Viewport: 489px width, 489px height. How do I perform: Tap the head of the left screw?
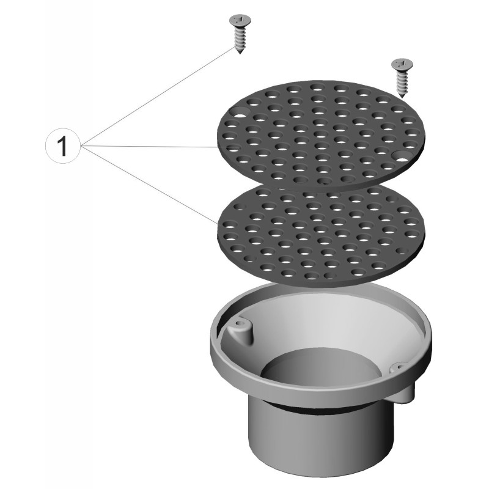pos(240,21)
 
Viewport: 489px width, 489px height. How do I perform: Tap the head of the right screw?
pos(403,64)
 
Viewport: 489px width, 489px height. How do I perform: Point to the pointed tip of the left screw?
pos(240,53)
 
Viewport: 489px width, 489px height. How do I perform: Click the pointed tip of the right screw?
pos(402,97)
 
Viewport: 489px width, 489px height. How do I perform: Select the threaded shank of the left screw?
pos(240,39)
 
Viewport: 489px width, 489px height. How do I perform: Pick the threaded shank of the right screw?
pos(403,83)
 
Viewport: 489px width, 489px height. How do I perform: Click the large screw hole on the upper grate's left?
pos(240,112)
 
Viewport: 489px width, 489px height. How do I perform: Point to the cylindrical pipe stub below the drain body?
pos(320,436)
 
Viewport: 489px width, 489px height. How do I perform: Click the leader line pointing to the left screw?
pos(158,97)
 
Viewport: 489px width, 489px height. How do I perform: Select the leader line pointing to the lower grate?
pos(149,185)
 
